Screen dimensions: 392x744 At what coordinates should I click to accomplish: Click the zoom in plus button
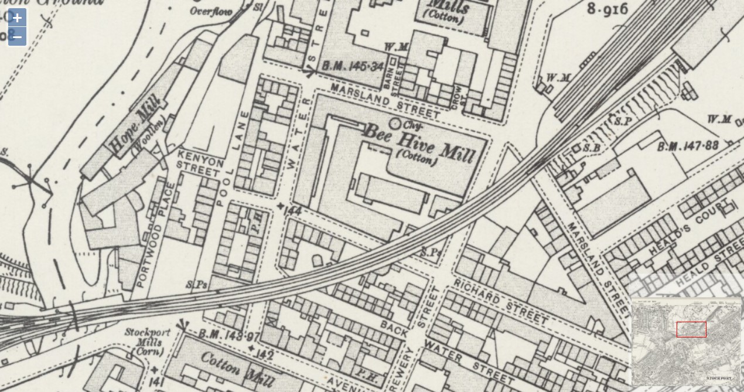(x=17, y=18)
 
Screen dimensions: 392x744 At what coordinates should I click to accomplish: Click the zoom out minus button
(x=17, y=37)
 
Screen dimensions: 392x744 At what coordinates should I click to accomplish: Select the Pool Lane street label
(x=228, y=167)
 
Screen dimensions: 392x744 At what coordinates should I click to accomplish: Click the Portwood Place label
(x=155, y=235)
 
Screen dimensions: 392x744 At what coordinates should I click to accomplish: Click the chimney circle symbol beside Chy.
(x=395, y=124)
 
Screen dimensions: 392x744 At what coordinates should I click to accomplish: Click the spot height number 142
(x=265, y=354)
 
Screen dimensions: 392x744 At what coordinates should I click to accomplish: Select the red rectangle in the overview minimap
(x=691, y=329)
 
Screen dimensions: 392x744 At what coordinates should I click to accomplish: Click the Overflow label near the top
(x=210, y=11)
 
